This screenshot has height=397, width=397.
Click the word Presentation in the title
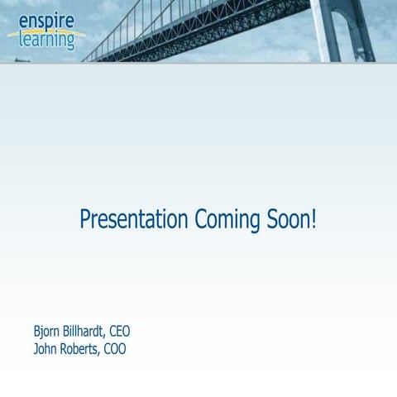tap(134, 220)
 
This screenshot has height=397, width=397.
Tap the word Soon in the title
tap(287, 219)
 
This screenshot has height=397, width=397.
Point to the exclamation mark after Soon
tap(313, 219)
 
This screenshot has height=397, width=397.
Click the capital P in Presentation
tap(84, 219)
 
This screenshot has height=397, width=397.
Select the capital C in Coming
tap(200, 219)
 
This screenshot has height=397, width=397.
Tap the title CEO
tap(120, 332)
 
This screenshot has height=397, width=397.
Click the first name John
tap(46, 349)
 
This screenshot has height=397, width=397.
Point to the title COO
tap(116, 349)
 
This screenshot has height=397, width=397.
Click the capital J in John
tap(36, 349)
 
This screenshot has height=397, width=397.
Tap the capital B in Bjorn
tap(37, 332)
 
